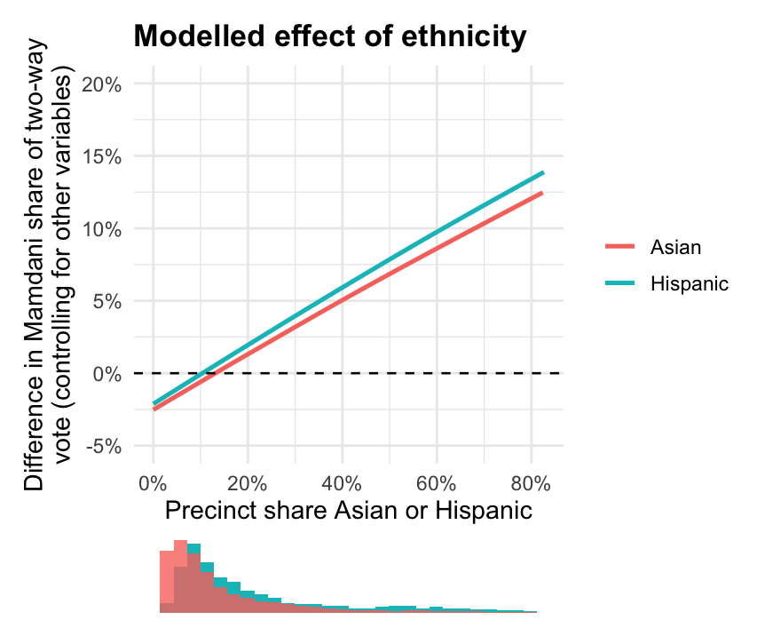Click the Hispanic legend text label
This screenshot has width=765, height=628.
coord(689,283)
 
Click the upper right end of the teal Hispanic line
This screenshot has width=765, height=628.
coord(542,172)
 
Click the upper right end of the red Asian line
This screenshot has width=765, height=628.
coord(541,193)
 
